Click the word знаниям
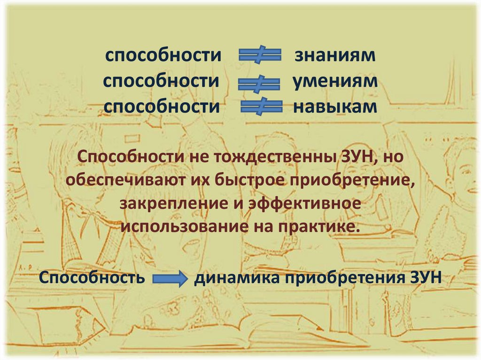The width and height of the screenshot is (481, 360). tap(335, 56)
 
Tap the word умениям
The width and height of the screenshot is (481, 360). tap(335, 81)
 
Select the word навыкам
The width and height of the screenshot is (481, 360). tap(335, 107)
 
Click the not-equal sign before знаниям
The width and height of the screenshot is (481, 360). tap(260, 56)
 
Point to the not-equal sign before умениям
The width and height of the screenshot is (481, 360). tap(260, 83)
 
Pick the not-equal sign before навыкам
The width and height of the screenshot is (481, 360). tap(261, 107)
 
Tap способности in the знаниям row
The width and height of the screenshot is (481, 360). tap(163, 56)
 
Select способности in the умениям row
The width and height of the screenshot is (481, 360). tap(162, 81)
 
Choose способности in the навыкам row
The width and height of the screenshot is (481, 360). tap(162, 107)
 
